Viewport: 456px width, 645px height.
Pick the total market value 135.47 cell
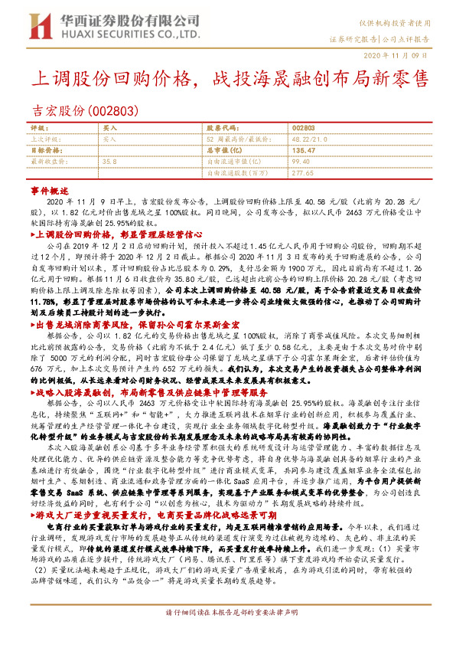tap(304, 151)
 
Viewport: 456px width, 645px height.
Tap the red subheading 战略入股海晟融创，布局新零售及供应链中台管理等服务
tap(145, 390)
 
